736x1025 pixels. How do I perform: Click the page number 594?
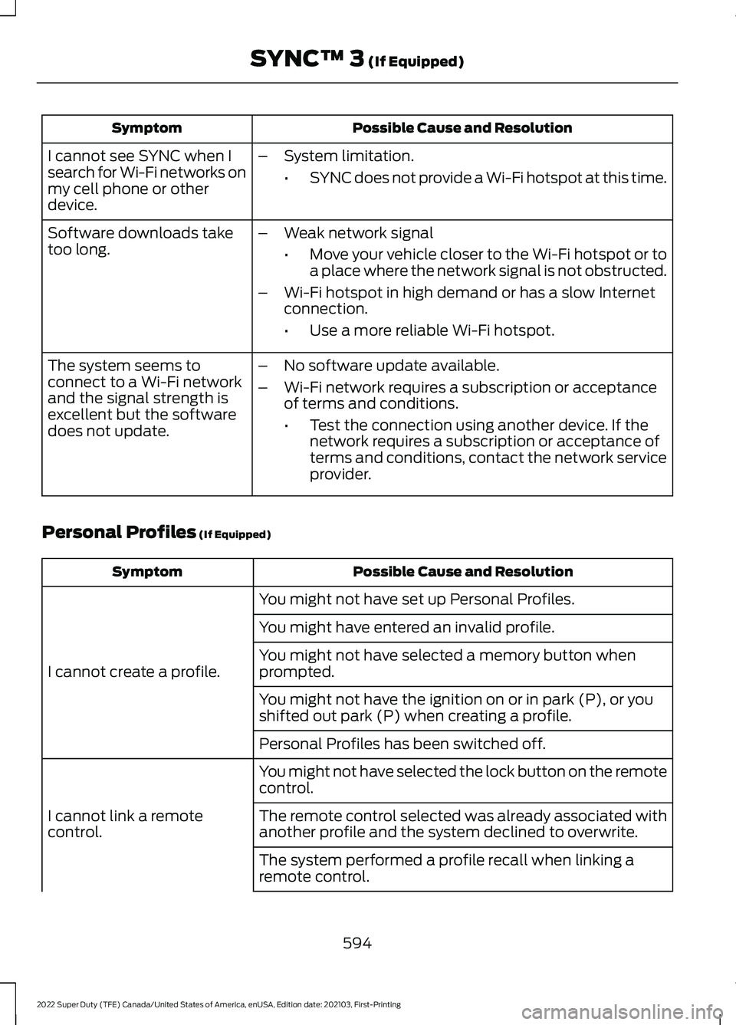[x=357, y=943]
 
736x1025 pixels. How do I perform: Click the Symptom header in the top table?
[x=146, y=128]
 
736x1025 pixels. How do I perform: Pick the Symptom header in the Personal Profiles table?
[x=147, y=572]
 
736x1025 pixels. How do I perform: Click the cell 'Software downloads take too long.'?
[x=140, y=241]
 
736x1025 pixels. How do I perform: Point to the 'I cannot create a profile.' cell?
[x=133, y=672]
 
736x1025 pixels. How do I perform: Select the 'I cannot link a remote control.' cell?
[x=125, y=823]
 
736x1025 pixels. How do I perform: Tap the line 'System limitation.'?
[x=348, y=156]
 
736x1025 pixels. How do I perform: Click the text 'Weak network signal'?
[x=358, y=233]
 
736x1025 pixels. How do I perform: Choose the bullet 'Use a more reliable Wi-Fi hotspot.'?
[x=432, y=330]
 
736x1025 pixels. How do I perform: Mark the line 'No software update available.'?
[x=391, y=366]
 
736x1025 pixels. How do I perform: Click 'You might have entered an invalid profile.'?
[x=406, y=627]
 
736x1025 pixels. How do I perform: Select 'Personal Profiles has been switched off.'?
[x=402, y=744]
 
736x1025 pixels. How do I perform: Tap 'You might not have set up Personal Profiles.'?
[x=416, y=600]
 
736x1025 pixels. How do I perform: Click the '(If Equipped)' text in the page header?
[x=416, y=61]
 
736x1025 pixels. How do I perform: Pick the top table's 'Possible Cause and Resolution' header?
[x=462, y=128]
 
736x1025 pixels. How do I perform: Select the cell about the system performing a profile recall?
[x=446, y=868]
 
